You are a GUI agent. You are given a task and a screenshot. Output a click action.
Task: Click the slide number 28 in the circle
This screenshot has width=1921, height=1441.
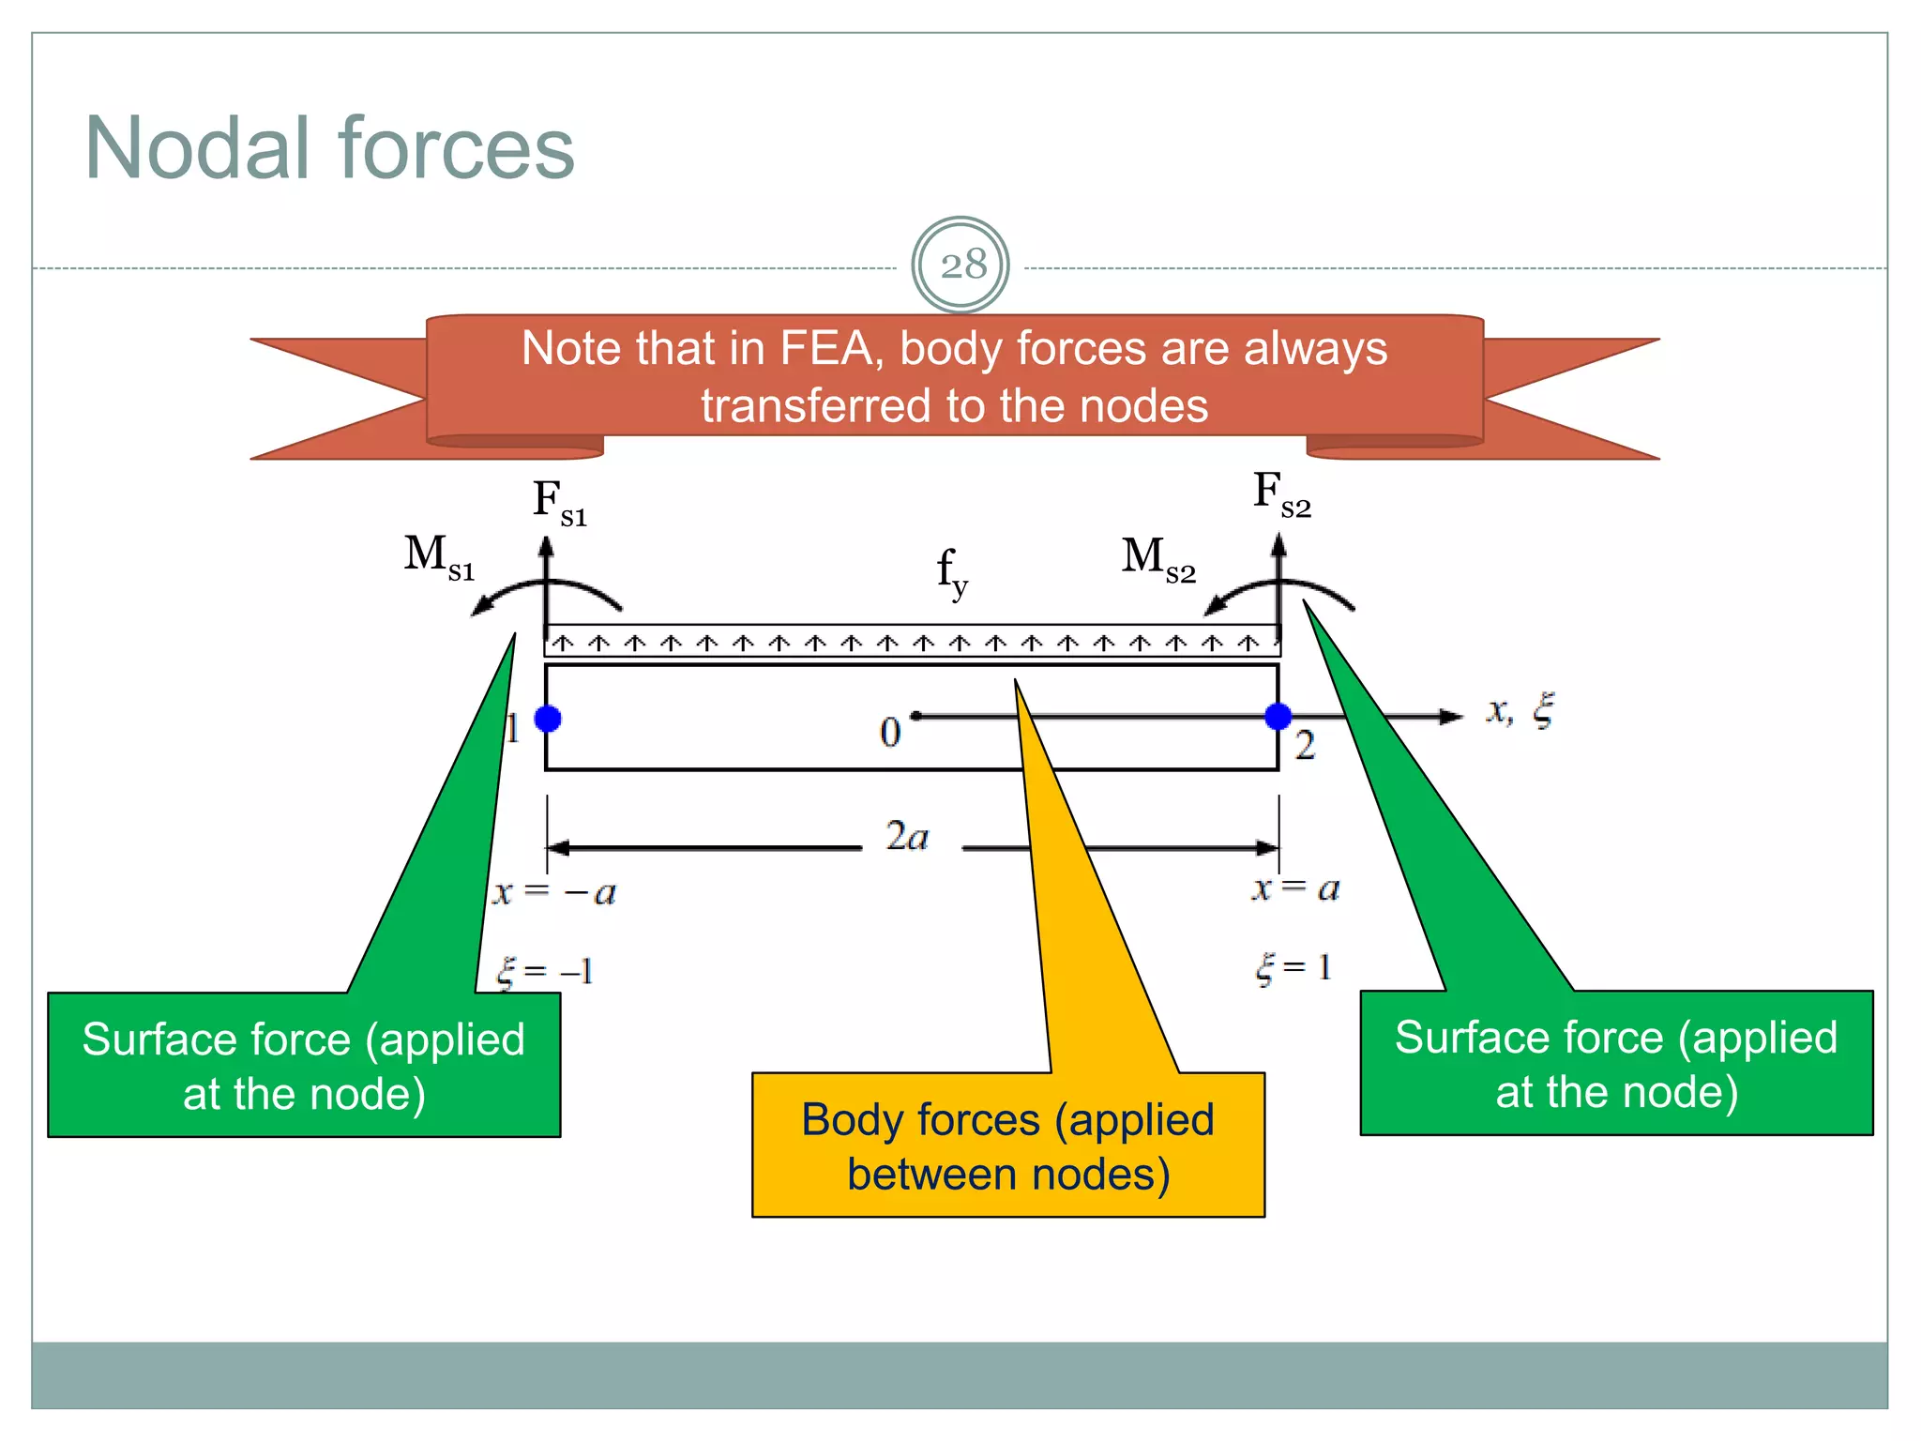click(963, 265)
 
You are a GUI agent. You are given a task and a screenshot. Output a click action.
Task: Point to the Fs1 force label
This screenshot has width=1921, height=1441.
click(559, 502)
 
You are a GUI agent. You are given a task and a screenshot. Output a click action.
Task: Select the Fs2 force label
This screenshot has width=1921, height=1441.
click(1280, 494)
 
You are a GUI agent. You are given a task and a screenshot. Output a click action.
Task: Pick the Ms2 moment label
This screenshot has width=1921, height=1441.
click(1157, 558)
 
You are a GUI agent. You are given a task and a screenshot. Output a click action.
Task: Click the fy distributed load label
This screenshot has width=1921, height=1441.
click(951, 571)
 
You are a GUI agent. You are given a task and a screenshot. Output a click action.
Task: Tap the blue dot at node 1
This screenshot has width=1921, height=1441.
click(548, 719)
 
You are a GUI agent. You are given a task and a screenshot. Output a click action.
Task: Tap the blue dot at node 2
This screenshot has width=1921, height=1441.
click(1278, 717)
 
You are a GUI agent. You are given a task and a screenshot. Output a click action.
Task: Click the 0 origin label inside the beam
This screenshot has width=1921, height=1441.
click(890, 733)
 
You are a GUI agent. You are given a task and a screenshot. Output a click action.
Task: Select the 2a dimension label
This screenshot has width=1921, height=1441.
click(907, 836)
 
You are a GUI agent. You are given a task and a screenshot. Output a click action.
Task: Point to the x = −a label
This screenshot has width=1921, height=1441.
click(554, 891)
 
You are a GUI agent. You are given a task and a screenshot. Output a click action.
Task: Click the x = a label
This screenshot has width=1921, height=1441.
click(1295, 887)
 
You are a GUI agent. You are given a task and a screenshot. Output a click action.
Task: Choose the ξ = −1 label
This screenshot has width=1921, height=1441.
click(545, 971)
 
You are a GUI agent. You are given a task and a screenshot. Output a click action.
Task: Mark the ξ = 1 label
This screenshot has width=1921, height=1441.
click(1293, 967)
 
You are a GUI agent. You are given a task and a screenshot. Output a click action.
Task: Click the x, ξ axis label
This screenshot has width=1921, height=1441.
click(1520, 710)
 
